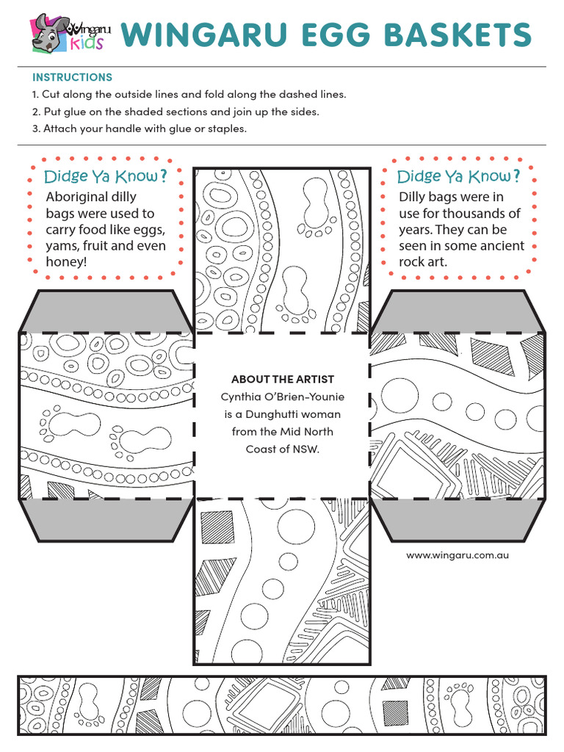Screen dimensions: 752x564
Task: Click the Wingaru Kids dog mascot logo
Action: [51, 33]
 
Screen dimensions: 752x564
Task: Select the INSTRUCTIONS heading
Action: [72, 77]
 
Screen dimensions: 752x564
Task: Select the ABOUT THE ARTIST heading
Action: [283, 380]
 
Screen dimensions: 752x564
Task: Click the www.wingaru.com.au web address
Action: [458, 555]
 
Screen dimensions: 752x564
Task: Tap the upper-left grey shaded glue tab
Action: [106, 311]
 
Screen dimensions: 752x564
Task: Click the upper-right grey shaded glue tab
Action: [458, 311]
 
